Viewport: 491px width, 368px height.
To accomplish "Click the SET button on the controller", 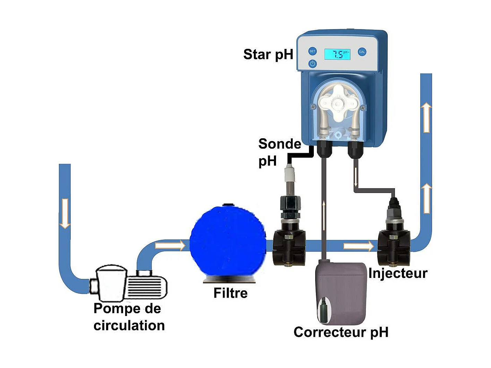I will pyautogui.click(x=312, y=51).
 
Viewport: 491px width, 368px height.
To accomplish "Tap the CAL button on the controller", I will pyautogui.click(x=362, y=52).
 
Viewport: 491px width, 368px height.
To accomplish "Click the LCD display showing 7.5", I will pyautogui.click(x=337, y=54).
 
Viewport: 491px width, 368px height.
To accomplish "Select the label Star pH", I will pyautogui.click(x=268, y=54).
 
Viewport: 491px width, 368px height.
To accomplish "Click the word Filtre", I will pyautogui.click(x=230, y=293).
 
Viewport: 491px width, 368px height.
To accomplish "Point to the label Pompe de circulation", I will pyautogui.click(x=129, y=317).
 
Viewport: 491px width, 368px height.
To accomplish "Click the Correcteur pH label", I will pyautogui.click(x=341, y=332).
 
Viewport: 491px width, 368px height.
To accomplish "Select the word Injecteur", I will pyautogui.click(x=397, y=273).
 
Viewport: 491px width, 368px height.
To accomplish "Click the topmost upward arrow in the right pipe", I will pyautogui.click(x=426, y=118).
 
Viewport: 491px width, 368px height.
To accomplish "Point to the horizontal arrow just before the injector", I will pyautogui.click(x=359, y=246).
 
